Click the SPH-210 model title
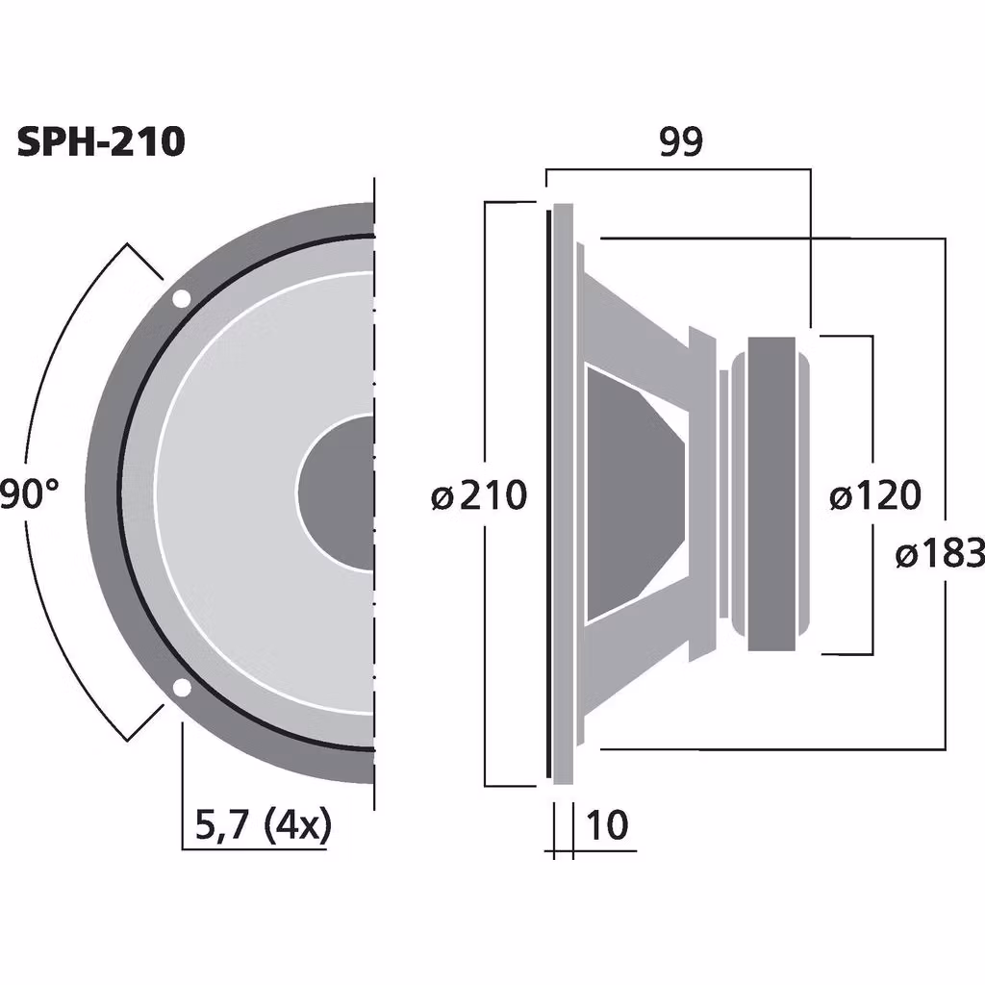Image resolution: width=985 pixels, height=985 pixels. coord(101,142)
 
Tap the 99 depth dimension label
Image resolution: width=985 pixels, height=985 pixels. coord(681,142)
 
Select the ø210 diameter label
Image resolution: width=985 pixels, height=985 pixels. coord(479,496)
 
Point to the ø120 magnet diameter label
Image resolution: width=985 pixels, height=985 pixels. coord(874,496)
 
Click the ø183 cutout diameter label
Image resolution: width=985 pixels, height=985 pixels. coord(940,554)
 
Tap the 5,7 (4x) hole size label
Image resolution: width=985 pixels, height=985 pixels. coord(262,825)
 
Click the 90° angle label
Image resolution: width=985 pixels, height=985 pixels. coord(29,495)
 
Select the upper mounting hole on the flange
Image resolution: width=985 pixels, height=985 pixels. coord(180,299)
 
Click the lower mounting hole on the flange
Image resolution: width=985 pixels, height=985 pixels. coord(180,687)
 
